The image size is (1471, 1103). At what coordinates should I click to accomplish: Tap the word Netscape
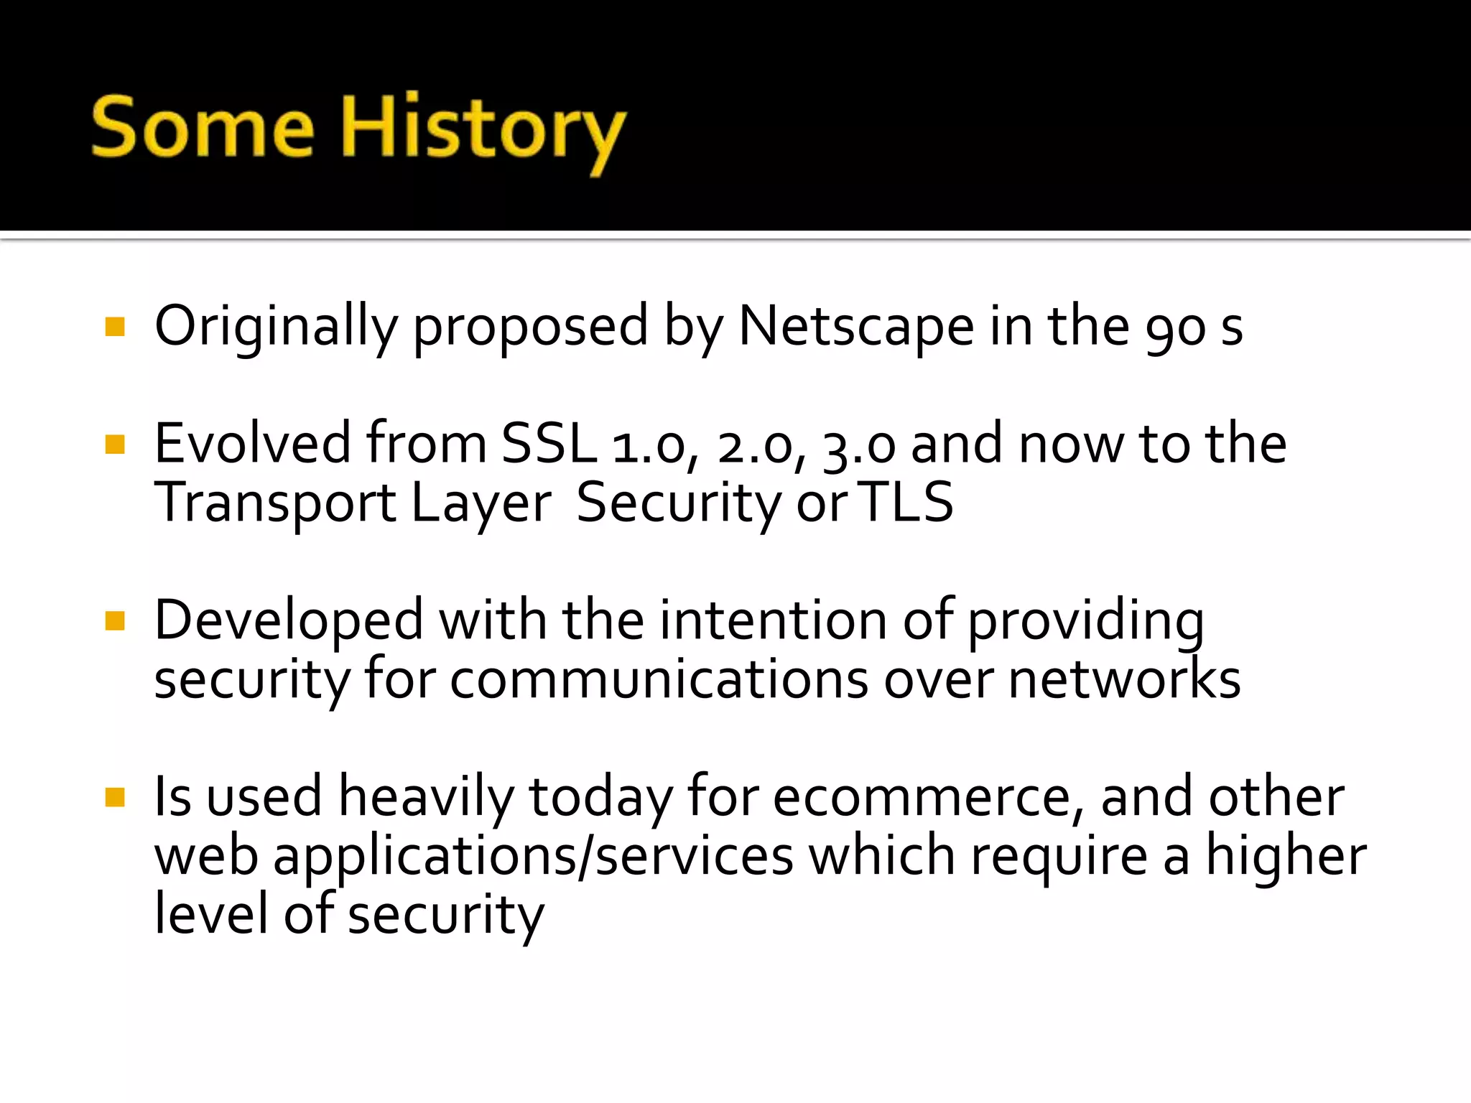tap(856, 327)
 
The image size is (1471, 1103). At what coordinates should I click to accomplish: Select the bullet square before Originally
tap(115, 327)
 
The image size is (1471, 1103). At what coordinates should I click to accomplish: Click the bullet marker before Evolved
tap(115, 445)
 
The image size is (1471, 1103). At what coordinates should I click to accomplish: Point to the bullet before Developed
tap(115, 620)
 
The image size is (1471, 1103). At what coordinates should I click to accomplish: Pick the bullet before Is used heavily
tap(115, 797)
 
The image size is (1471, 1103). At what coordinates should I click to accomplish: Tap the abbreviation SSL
tap(549, 444)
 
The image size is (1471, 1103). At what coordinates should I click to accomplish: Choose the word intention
tap(773, 620)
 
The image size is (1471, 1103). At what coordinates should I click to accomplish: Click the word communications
tap(659, 679)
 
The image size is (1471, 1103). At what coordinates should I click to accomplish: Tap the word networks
tap(1124, 679)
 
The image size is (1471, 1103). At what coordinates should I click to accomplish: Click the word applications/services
tap(533, 857)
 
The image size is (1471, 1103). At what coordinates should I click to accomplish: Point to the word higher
tap(1286, 857)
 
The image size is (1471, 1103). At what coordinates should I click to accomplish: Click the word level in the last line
tap(212, 914)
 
